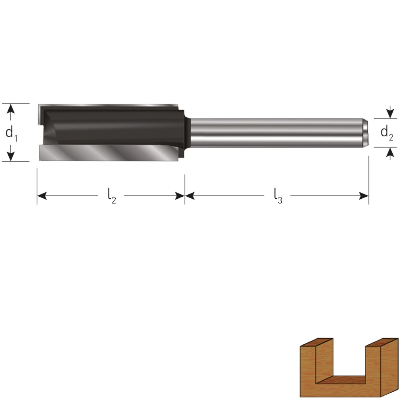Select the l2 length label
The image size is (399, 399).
(x=111, y=196)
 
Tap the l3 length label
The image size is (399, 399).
(x=278, y=196)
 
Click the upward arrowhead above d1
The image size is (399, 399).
(x=10, y=109)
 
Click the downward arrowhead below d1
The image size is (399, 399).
(x=10, y=156)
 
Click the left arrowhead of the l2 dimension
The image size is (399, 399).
(x=42, y=196)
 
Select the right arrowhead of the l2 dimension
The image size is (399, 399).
(x=180, y=196)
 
